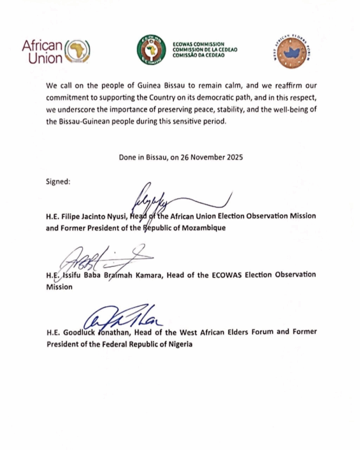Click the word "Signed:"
pyautogui.click(x=58, y=181)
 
